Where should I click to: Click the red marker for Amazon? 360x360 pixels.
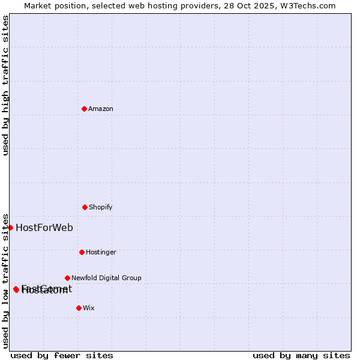click(x=84, y=109)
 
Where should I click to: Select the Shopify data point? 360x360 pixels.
click(x=85, y=207)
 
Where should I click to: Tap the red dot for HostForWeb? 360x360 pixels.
click(x=10, y=227)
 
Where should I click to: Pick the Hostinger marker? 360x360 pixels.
click(x=82, y=252)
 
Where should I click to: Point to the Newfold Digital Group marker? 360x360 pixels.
click(x=67, y=278)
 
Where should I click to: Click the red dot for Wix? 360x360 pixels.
click(x=79, y=308)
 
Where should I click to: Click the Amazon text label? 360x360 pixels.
click(x=101, y=109)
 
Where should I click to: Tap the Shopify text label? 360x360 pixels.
click(x=101, y=207)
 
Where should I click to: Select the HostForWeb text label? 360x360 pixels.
click(x=44, y=227)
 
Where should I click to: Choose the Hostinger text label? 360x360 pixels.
click(x=101, y=252)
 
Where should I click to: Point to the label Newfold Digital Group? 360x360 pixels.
click(x=106, y=278)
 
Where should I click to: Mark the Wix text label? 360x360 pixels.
click(x=89, y=308)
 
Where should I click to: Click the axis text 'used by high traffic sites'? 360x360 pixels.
click(x=5, y=85)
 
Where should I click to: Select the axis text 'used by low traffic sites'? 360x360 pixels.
click(x=5, y=280)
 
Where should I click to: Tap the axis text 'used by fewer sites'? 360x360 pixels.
click(x=62, y=355)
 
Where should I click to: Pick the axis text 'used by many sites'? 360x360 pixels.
click(x=301, y=355)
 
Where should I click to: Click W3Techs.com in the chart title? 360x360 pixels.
click(x=310, y=5)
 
